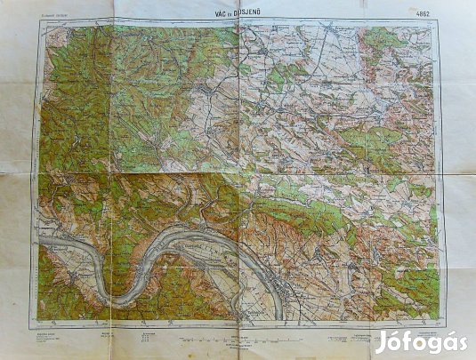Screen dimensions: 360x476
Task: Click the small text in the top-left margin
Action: (56, 14)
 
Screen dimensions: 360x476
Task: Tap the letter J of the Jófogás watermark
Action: (381, 341)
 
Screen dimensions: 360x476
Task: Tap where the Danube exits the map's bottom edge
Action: (278, 316)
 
